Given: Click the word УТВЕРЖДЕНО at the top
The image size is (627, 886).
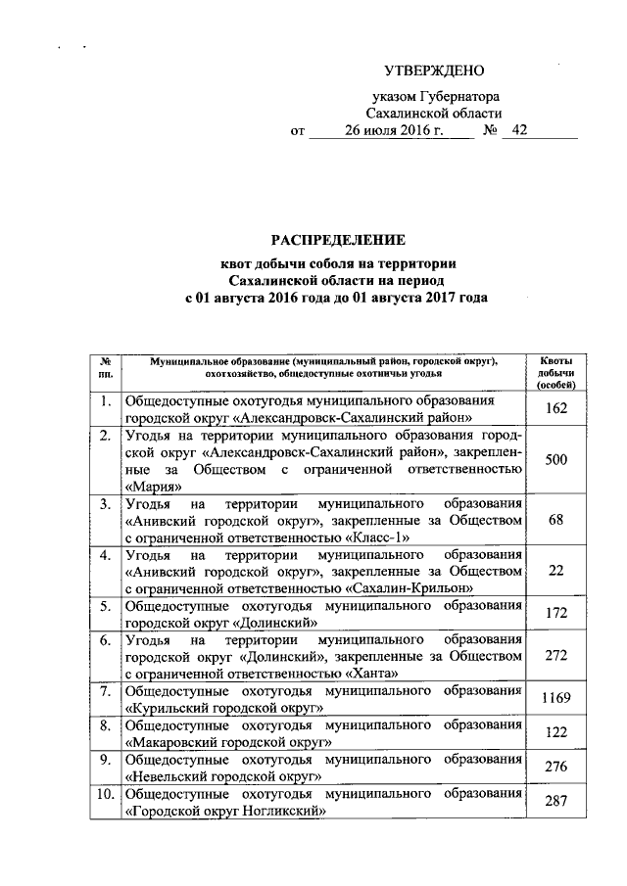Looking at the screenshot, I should (x=433, y=71).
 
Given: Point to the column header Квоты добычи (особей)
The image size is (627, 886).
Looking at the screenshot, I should (x=556, y=373).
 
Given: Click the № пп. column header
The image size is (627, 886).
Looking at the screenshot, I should (x=105, y=367).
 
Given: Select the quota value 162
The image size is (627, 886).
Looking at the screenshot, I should (x=556, y=408).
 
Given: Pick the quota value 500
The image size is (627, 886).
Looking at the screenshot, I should (x=556, y=459).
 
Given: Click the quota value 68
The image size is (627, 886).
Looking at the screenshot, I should (x=556, y=520).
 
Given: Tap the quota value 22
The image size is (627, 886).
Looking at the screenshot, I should (x=556, y=571).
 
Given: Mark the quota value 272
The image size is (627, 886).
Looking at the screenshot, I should (x=556, y=656).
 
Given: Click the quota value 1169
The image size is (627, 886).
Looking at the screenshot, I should (x=556, y=698).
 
